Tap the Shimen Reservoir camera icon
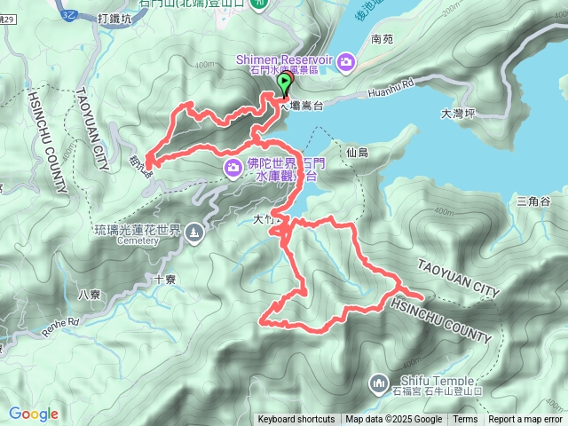pos(344,60)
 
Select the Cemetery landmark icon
pos(194,233)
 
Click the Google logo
pos(34,414)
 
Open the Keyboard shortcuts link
pos(296,420)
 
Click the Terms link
pos(465,420)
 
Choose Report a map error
pos(525,420)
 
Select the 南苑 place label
pos(382,40)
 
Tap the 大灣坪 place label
pos(459,114)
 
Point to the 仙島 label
pos(358,153)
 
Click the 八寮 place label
pos(90,295)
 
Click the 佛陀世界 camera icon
pos(233,167)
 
